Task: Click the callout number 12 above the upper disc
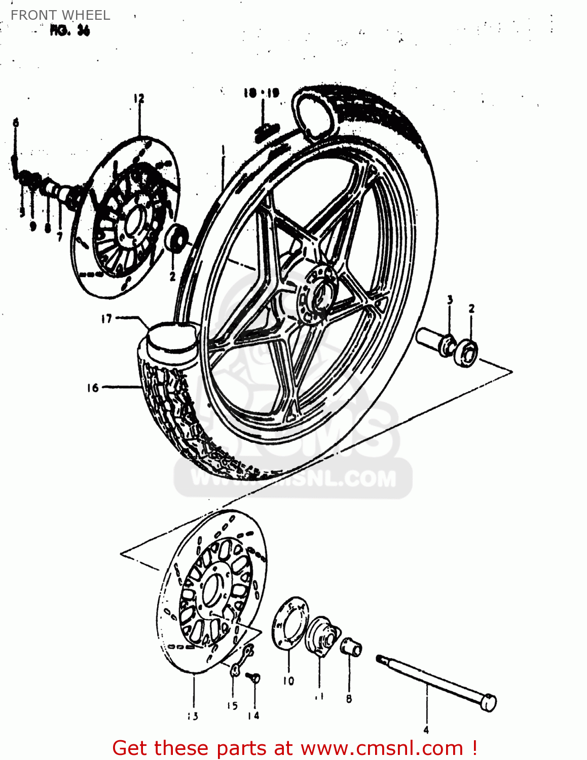[x=139, y=98]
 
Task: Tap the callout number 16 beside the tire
[x=92, y=388]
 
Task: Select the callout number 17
[x=106, y=319]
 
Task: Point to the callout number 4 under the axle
[x=426, y=730]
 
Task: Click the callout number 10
[x=288, y=681]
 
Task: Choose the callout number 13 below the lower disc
[x=193, y=716]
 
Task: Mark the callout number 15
[x=232, y=706]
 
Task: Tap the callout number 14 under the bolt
[x=253, y=715]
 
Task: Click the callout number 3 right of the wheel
[x=450, y=300]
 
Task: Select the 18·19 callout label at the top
[x=261, y=93]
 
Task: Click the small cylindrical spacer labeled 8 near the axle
[x=351, y=647]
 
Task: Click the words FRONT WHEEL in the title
[x=60, y=15]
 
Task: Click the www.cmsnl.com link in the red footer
[x=382, y=748]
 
